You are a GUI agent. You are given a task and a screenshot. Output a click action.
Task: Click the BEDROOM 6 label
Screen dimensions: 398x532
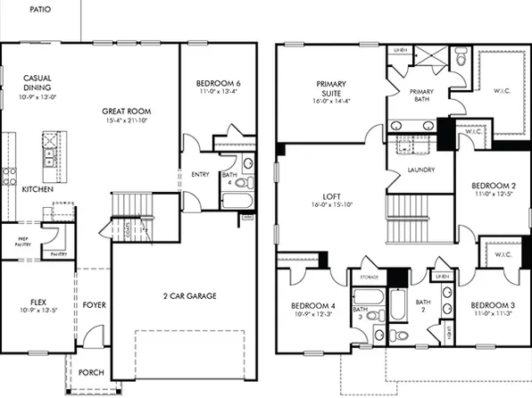[x=219, y=84]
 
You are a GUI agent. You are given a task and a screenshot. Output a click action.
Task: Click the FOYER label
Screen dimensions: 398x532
[x=95, y=305]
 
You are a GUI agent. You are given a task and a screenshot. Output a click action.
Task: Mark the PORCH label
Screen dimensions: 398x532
[x=91, y=372]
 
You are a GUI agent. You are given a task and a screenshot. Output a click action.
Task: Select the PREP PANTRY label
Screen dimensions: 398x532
[x=19, y=242]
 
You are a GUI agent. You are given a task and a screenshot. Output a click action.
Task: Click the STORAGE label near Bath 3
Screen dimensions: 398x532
[x=370, y=278]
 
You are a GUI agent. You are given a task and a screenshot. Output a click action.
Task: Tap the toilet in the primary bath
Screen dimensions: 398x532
[x=461, y=58]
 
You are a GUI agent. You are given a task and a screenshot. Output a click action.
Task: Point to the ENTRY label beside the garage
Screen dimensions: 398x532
[x=200, y=174]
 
